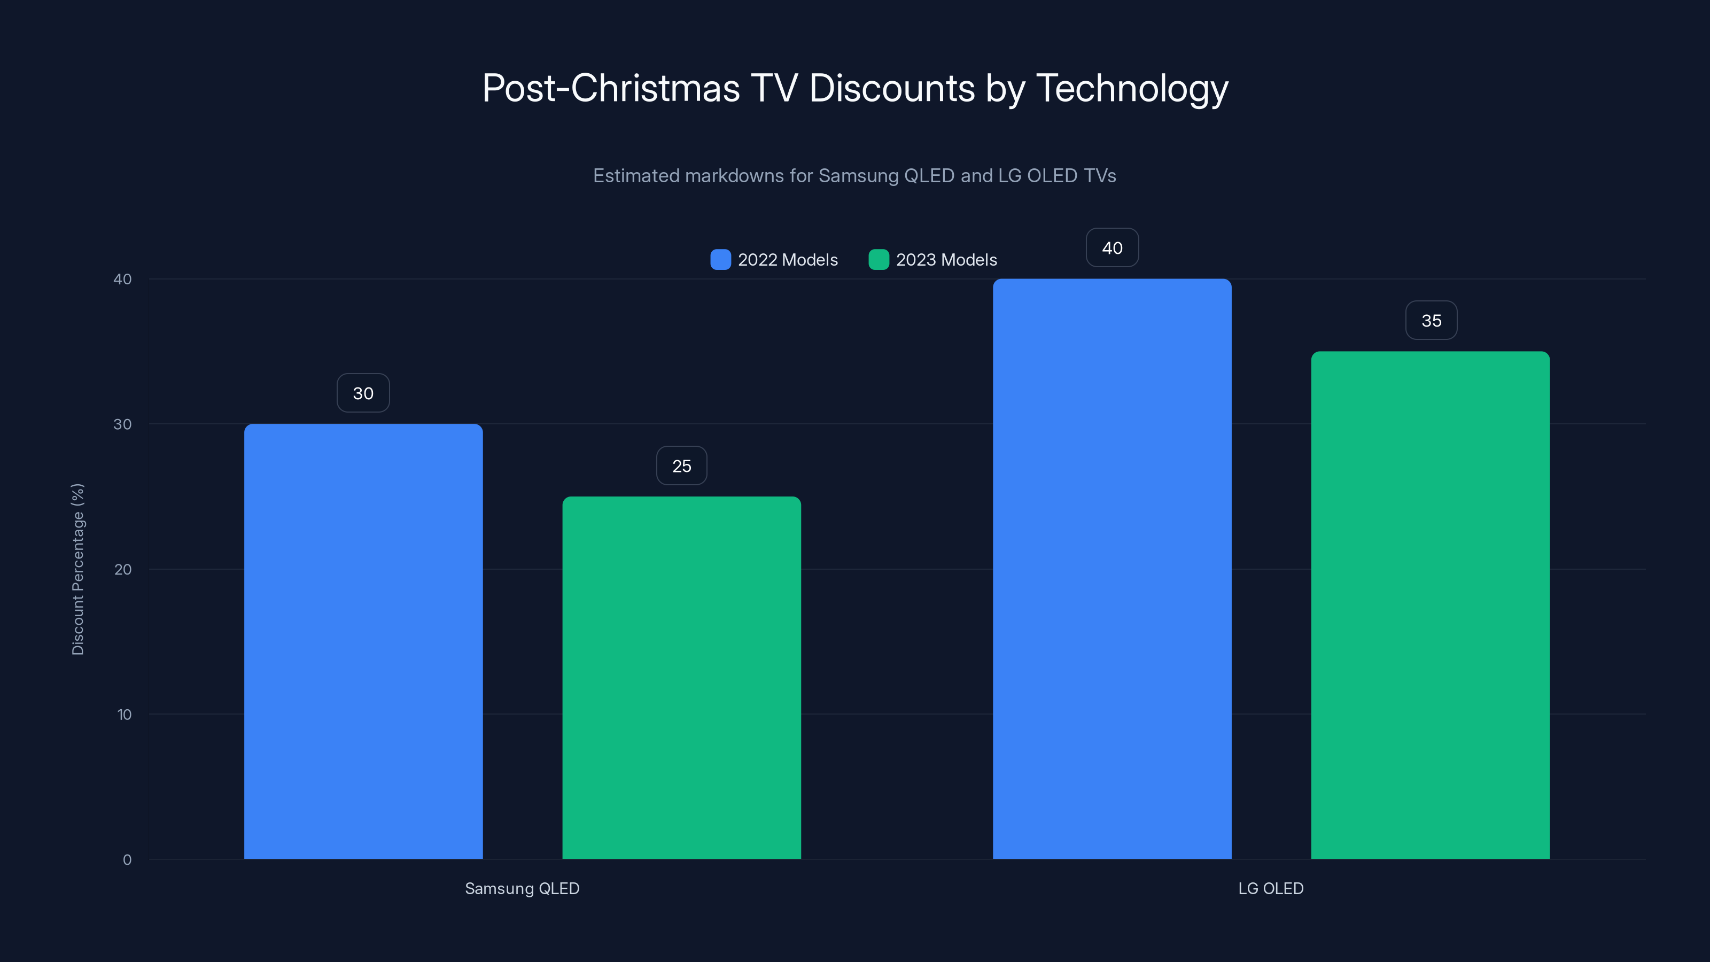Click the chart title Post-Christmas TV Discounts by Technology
[855, 88]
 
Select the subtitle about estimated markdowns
[854, 176]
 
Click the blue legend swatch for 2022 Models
[720, 260]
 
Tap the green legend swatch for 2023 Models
[878, 260]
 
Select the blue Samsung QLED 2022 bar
[363, 641]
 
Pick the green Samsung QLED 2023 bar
[681, 677]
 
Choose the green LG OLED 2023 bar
[1430, 605]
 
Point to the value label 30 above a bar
[363, 393]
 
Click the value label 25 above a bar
[682, 466]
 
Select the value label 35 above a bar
[1431, 321]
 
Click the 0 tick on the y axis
[127, 860]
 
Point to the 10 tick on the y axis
[124, 715]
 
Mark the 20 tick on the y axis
[123, 570]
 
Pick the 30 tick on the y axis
[123, 424]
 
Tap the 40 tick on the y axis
[123, 280]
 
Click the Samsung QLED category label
[522, 888]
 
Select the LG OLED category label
[1271, 888]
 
